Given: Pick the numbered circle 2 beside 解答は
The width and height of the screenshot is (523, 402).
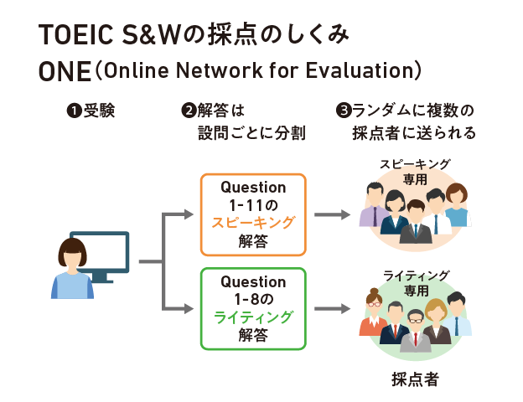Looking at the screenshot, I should click(x=189, y=110).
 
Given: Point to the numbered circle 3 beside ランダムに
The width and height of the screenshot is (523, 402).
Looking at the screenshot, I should click(x=342, y=110).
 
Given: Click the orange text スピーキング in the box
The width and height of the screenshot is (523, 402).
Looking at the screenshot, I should click(x=253, y=222).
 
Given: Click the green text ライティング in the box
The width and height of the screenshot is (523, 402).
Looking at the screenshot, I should click(x=253, y=316).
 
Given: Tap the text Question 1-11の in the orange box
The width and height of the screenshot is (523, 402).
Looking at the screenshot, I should click(x=253, y=195).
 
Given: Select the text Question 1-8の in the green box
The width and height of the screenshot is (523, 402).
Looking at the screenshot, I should click(x=253, y=289).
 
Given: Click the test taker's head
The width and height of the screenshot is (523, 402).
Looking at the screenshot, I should click(x=72, y=252).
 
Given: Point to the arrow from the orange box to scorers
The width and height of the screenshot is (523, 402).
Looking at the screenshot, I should click(x=331, y=215).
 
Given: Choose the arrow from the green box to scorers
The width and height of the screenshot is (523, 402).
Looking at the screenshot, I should click(x=331, y=309).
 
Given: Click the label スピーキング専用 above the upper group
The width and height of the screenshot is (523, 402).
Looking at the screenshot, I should click(x=414, y=171).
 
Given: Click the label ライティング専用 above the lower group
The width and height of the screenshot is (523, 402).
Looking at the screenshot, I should click(x=416, y=282).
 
